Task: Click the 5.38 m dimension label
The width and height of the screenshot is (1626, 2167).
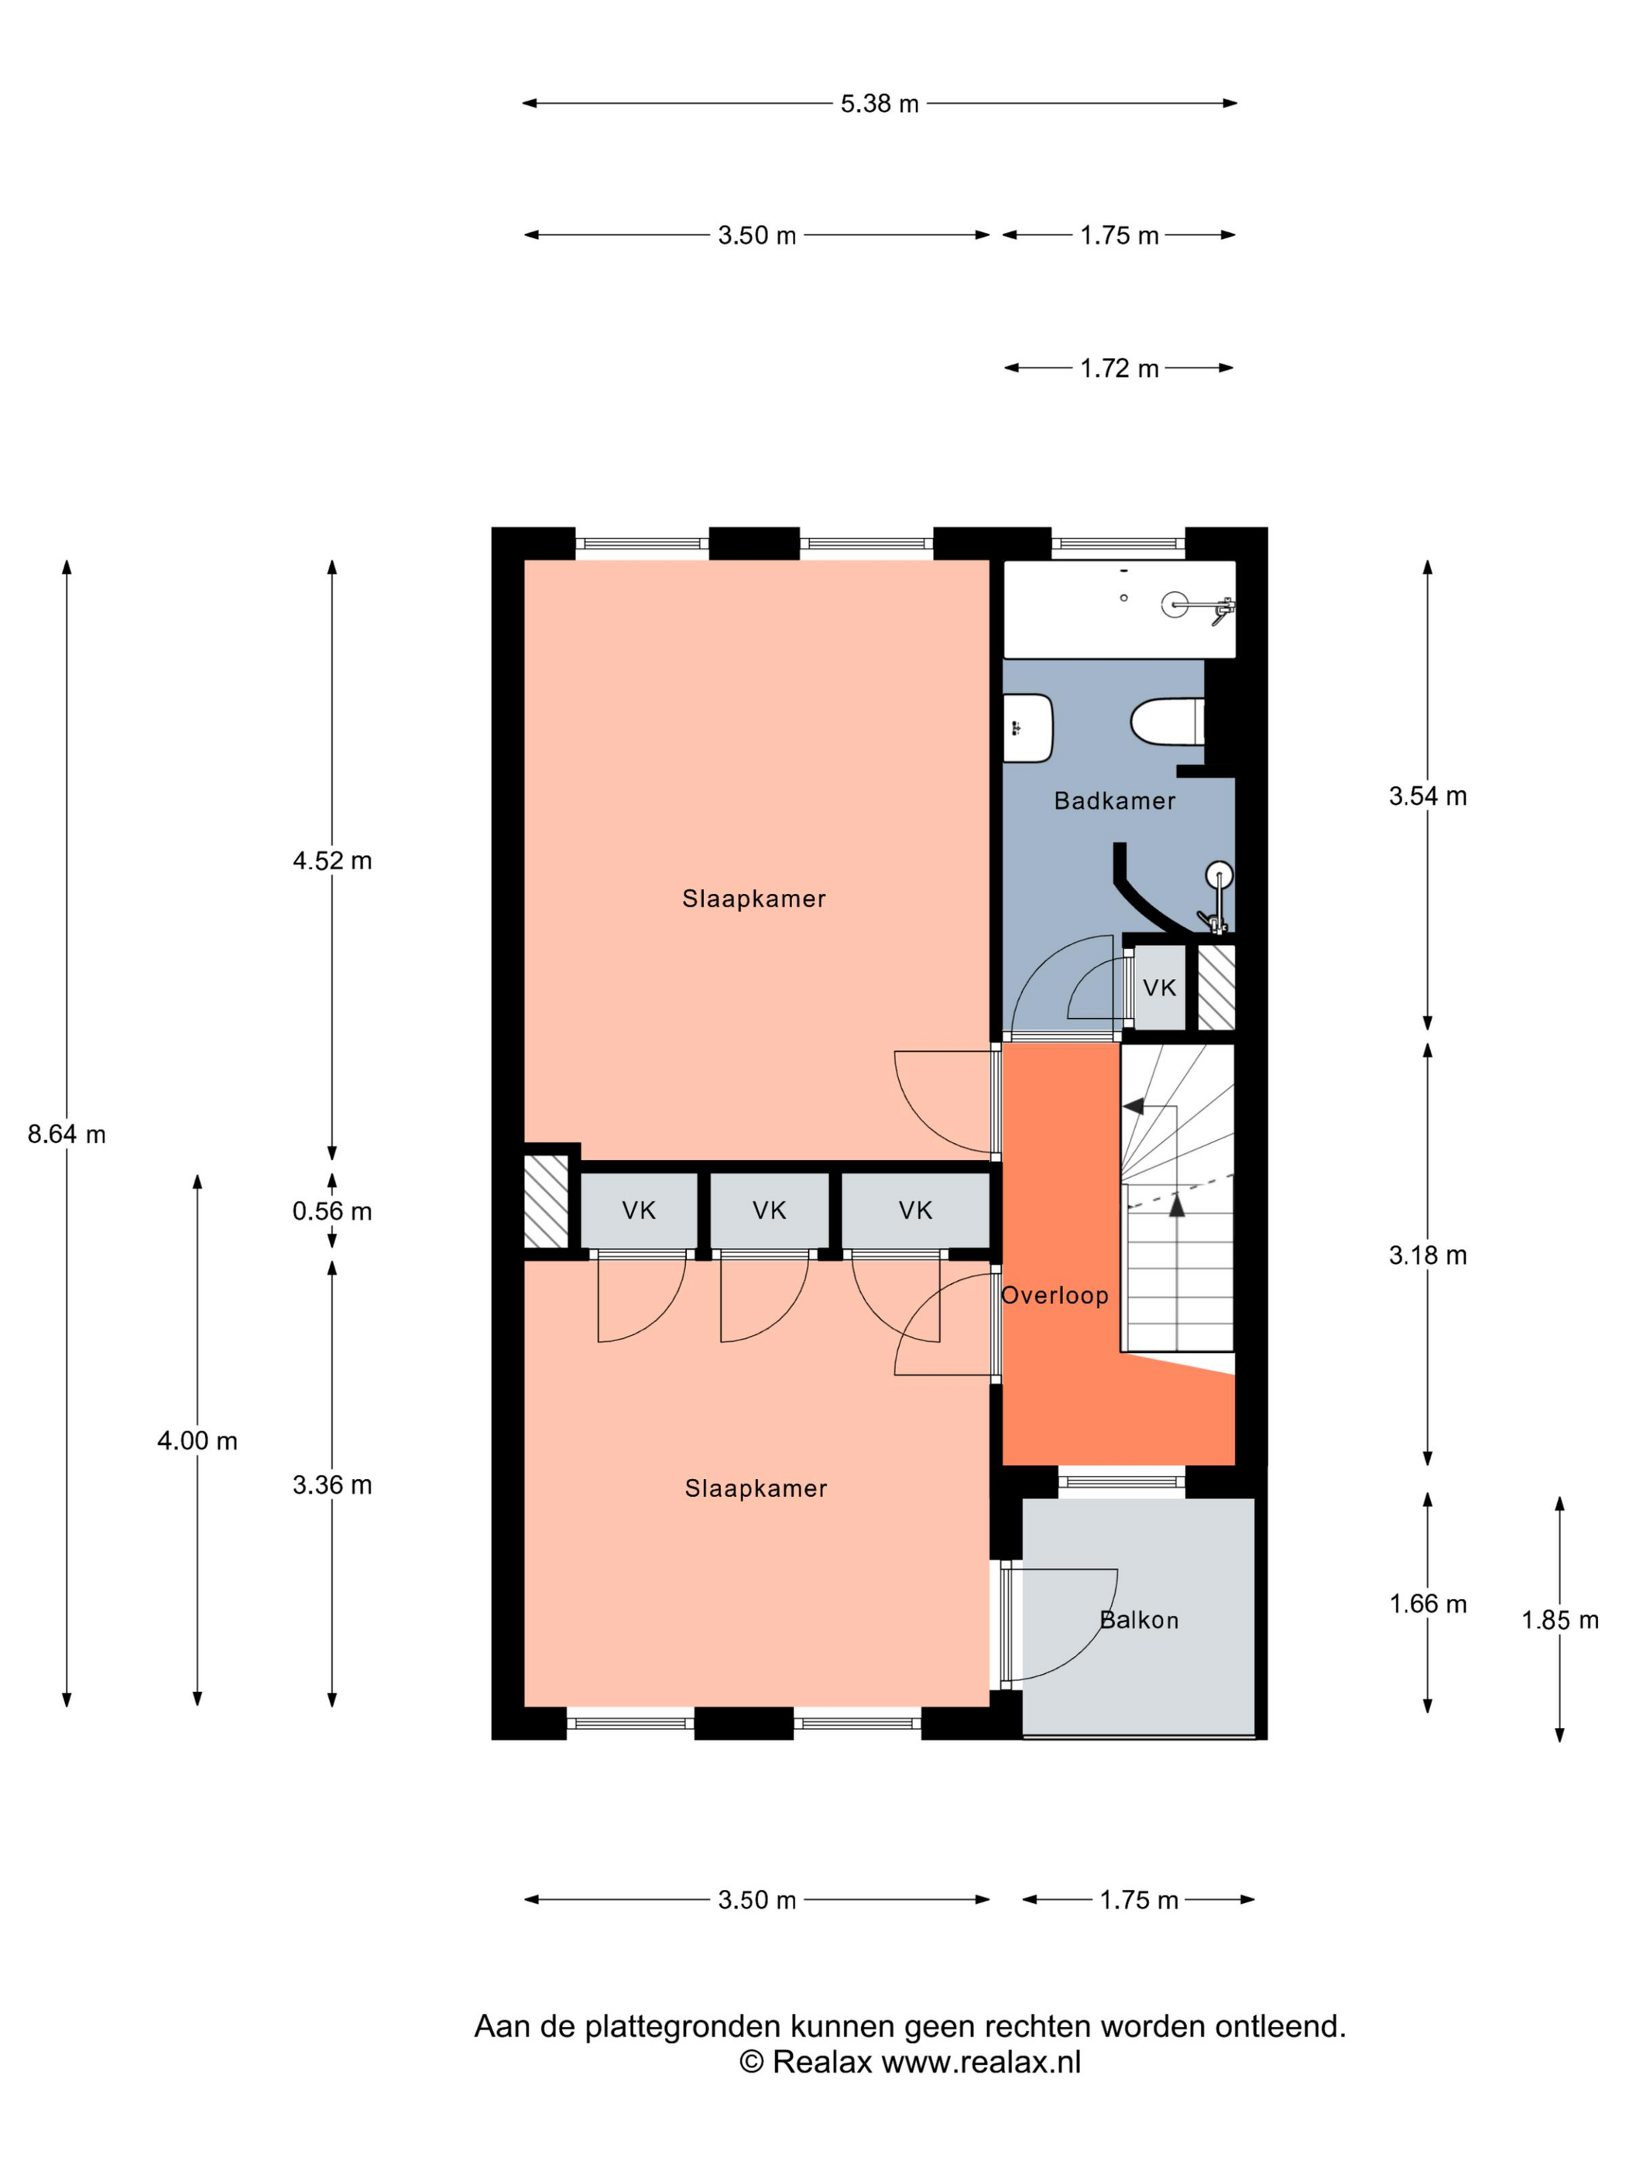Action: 879,103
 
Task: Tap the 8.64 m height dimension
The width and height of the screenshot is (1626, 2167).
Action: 67,1135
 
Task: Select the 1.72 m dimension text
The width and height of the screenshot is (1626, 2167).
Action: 1120,368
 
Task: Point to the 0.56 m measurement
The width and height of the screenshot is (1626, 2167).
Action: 332,1211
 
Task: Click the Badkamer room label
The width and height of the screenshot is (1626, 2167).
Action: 1114,800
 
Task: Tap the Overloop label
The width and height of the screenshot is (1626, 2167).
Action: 1055,1295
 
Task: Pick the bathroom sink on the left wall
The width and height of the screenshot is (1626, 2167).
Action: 1027,728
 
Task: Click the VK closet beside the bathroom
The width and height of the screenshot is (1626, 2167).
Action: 1159,988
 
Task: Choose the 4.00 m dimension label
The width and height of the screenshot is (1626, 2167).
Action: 197,1441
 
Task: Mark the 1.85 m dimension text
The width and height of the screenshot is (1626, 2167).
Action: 1559,1621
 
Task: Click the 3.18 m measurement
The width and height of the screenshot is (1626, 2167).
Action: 1427,1255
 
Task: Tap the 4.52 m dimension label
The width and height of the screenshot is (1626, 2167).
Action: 332,860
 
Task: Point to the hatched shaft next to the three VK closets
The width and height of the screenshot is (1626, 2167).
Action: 546,1202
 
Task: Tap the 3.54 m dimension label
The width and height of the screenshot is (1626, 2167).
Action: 1427,796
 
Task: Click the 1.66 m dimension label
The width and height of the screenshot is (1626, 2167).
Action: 1427,1604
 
